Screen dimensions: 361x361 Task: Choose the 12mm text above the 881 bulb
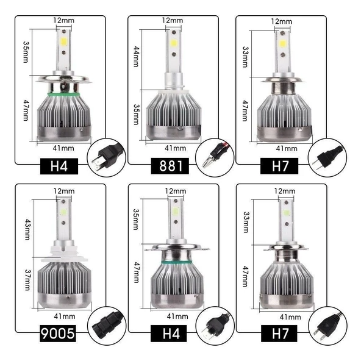[173, 20]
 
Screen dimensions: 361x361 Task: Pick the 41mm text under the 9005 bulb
[65, 316]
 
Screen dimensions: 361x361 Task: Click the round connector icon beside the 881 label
[210, 158]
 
